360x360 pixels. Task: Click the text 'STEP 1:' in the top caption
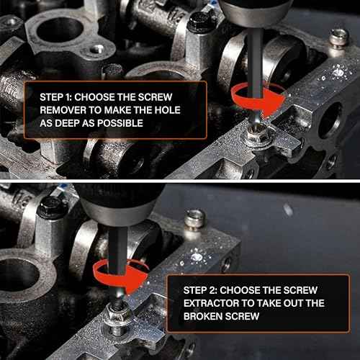[55, 97]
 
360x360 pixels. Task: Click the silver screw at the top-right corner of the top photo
[340, 37]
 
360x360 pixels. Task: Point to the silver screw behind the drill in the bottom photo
[195, 220]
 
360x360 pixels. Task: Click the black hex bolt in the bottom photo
[50, 207]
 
